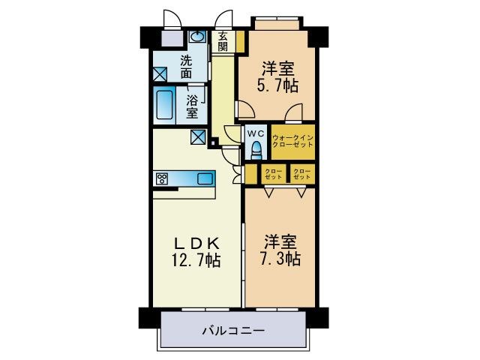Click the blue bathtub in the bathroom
tap(165, 106)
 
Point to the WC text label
tap(256, 133)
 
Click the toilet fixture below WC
tap(255, 151)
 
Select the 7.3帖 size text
tap(282, 259)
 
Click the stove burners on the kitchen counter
tap(162, 178)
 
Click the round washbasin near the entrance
tap(197, 37)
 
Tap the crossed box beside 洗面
tap(160, 73)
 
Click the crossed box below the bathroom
tap(198, 136)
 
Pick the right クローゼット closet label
tap(302, 175)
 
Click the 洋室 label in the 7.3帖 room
tap(281, 242)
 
